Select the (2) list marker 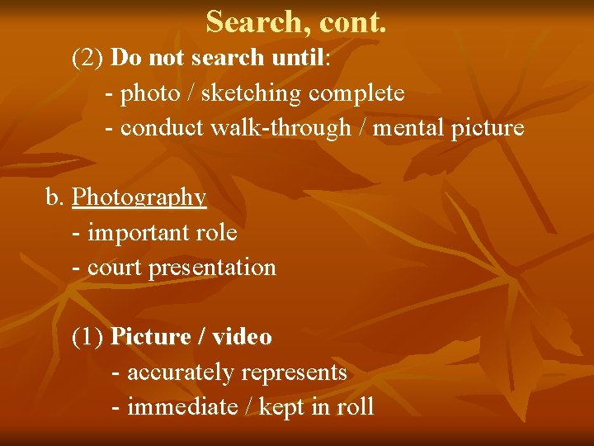click(87, 58)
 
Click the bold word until click(298, 58)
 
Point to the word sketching click(251, 93)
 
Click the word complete click(356, 93)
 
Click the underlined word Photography click(139, 197)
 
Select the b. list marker click(54, 197)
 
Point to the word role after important click(216, 233)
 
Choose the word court click(115, 268)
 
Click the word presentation click(212, 268)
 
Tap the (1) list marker click(87, 337)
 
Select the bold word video click(242, 337)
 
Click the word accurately click(180, 372)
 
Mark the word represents click(294, 372)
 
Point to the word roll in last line click(357, 407)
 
